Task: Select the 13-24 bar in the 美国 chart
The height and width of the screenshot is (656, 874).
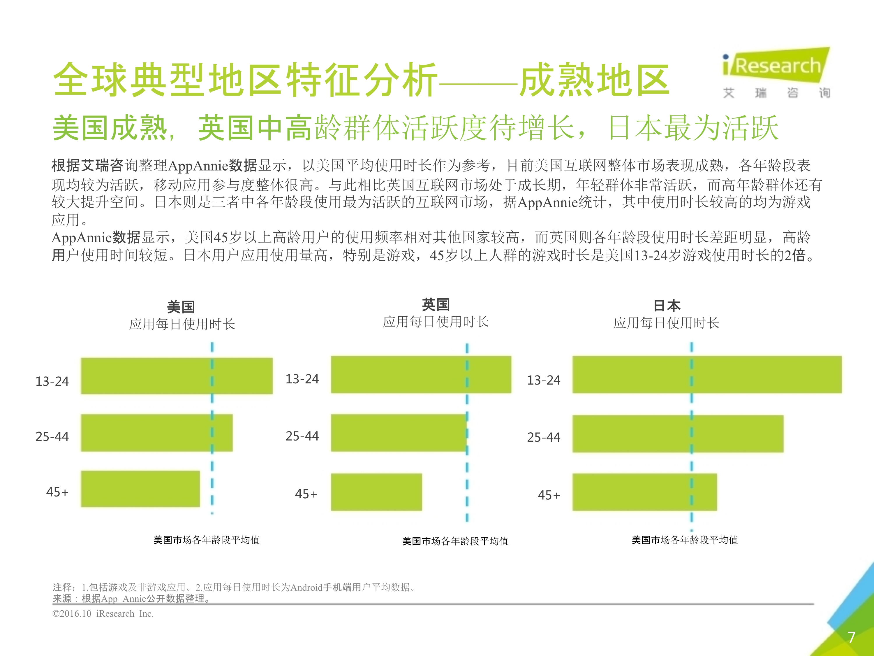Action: point(177,376)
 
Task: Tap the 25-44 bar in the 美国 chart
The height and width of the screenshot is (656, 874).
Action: point(156,433)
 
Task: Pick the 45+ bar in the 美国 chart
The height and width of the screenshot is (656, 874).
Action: point(140,489)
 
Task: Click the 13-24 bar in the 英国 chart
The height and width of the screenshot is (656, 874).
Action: point(421,374)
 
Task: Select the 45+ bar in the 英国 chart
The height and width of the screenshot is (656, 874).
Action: point(376,492)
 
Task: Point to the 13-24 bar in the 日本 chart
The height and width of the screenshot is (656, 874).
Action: point(707,374)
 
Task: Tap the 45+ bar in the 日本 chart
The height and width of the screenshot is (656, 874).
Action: point(644,492)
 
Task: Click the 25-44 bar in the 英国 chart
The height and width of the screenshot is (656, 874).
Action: point(399,433)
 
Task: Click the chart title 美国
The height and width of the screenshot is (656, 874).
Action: point(181,306)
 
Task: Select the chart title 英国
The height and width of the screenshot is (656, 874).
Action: point(436,304)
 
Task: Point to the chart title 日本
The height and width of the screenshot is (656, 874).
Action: point(667,306)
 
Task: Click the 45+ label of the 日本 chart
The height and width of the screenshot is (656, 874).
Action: point(549,495)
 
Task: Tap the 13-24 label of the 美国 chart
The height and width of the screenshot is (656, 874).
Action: point(52,381)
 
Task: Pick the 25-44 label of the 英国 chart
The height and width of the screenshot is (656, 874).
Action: point(302,436)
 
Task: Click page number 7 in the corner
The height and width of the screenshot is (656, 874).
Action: point(852,637)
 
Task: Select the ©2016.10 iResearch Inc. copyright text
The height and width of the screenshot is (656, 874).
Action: point(103,613)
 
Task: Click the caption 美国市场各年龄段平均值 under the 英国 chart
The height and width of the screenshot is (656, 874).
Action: point(455,541)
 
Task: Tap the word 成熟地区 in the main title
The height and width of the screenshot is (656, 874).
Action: point(594,80)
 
